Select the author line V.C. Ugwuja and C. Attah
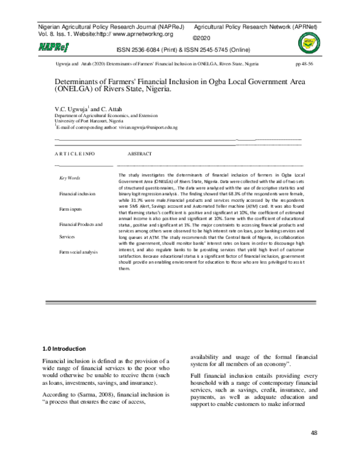click(x=88, y=108)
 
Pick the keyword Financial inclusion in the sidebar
click(x=77, y=194)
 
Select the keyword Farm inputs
click(x=71, y=209)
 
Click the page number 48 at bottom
click(x=314, y=433)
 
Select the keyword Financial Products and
click(x=83, y=224)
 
